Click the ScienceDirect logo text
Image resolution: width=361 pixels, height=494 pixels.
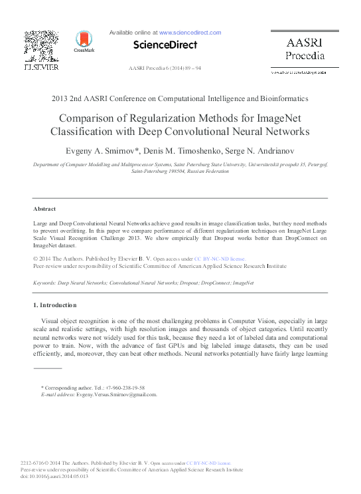[x=165, y=45]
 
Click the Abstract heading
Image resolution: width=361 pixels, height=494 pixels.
[x=44, y=209]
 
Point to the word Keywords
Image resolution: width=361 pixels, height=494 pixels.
[x=46, y=283]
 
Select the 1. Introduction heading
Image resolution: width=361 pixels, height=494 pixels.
[x=54, y=305]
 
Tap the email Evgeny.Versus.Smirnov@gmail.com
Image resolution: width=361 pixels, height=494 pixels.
[x=115, y=394]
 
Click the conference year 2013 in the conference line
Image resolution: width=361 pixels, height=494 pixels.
[x=61, y=98]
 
